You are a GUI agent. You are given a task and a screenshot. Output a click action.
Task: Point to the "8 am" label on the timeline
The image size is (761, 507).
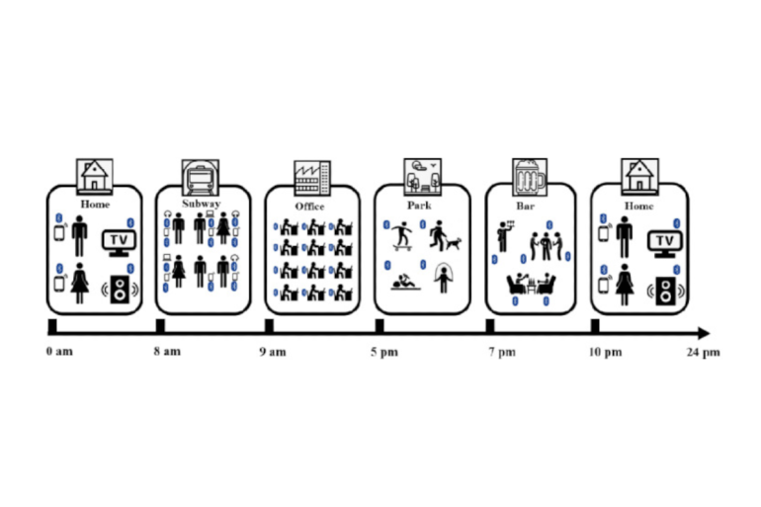pos(167,352)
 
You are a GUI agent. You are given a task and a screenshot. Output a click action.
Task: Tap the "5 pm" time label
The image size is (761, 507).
pos(383,352)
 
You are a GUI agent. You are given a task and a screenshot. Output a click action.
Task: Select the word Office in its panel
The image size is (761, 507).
pos(309,207)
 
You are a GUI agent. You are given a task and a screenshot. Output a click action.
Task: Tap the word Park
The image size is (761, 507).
pos(419,206)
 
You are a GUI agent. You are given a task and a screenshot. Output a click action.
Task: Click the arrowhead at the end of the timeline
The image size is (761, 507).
pos(703,332)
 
